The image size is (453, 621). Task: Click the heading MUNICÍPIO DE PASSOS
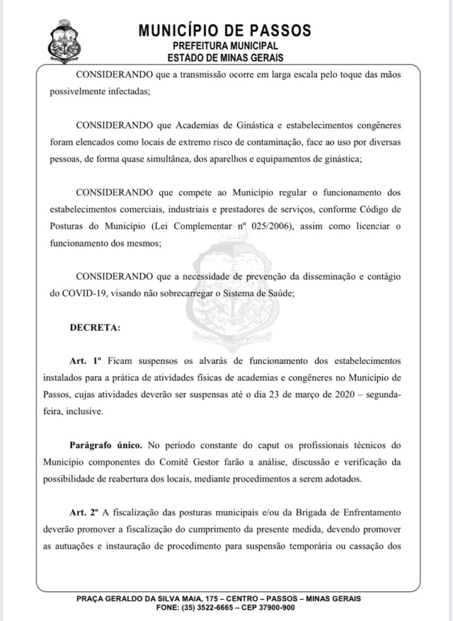[x=225, y=30]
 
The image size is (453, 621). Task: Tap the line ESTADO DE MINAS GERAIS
[x=225, y=58]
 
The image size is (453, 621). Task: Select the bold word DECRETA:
[x=95, y=328]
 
